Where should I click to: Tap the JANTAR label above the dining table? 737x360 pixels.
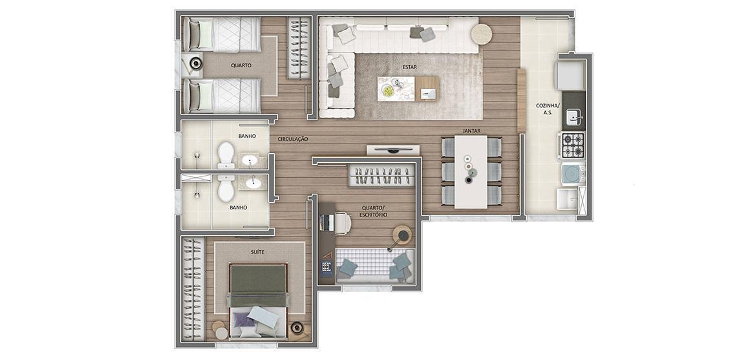pos(471,131)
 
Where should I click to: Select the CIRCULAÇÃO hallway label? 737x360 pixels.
pos(292,139)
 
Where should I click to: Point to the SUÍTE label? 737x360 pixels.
pos(257,251)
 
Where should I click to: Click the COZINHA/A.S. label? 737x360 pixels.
pos(544,109)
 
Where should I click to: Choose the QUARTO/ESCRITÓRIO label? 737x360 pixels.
pos(374,211)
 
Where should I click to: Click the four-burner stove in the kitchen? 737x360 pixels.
pos(572,145)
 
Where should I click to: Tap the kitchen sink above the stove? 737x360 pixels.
pos(573,117)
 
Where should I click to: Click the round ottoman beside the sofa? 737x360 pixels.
pos(480,34)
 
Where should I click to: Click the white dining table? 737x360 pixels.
pos(471,171)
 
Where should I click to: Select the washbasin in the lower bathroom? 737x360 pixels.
pos(253,184)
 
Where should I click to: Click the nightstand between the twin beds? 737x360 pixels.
pos(193,63)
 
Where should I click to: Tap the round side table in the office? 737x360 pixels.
pos(403,234)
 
